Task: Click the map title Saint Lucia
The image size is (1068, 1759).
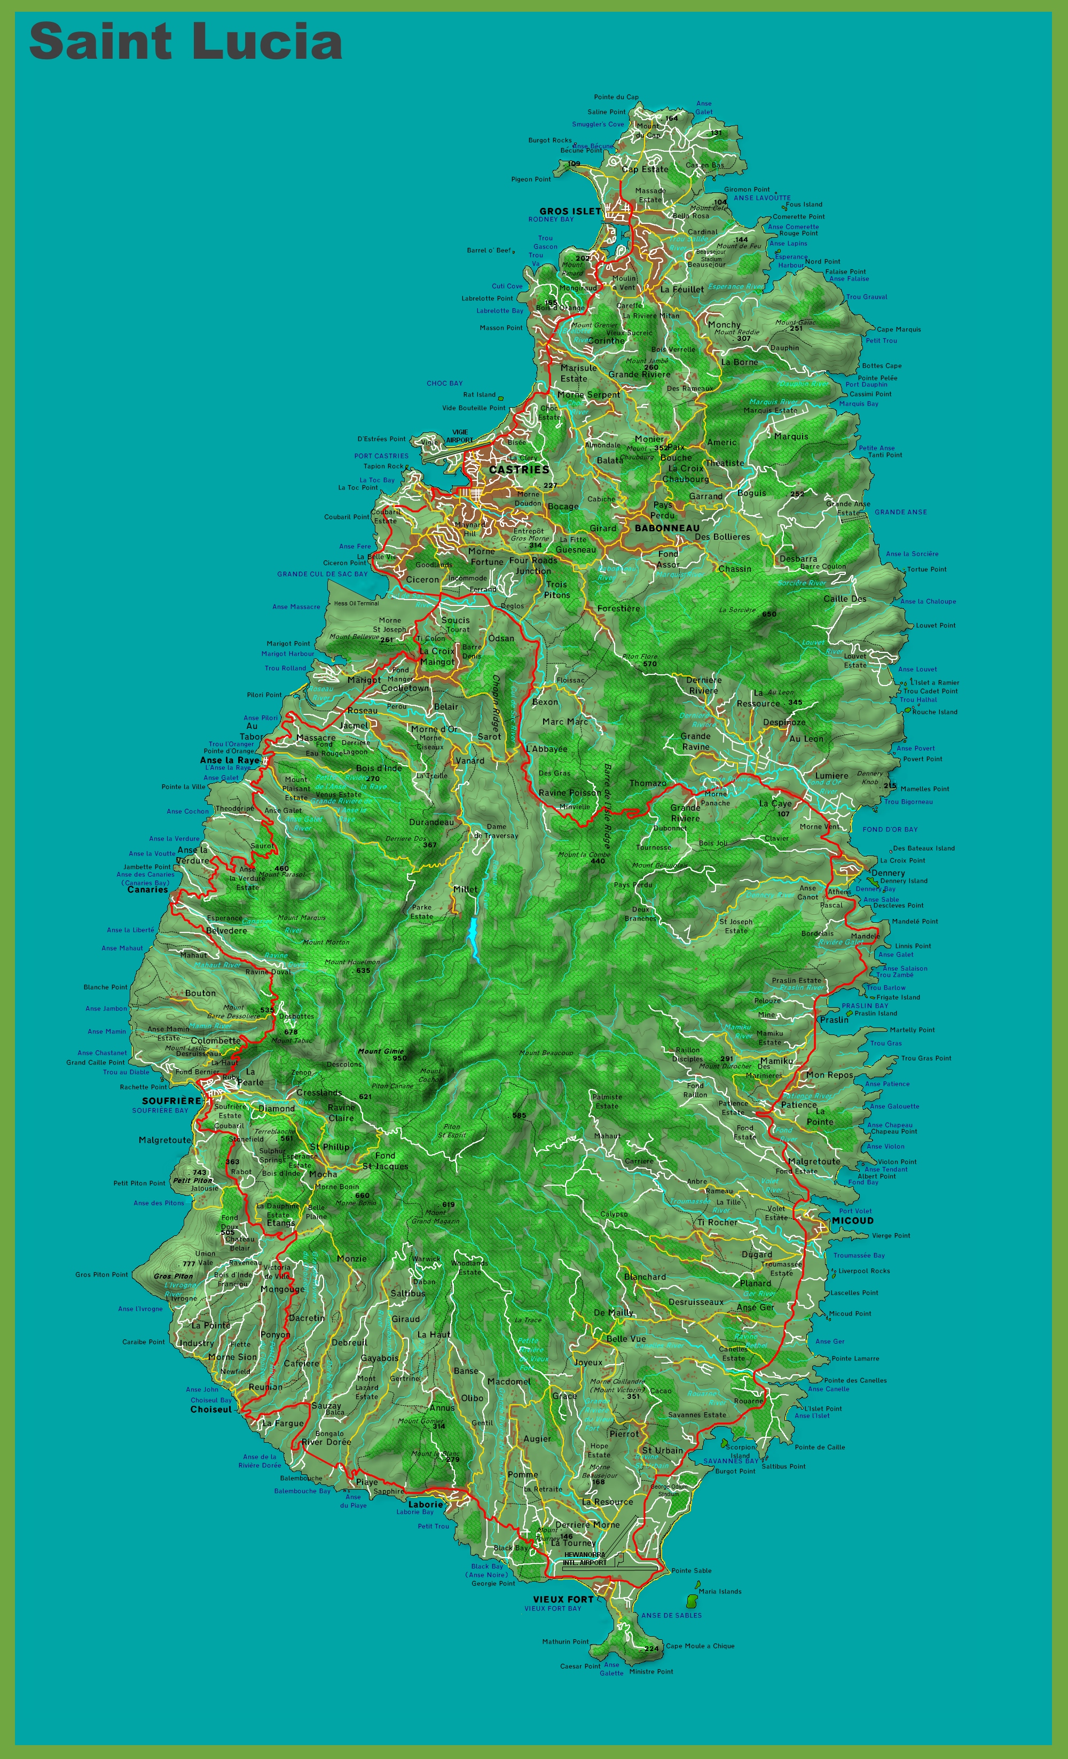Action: tap(185, 41)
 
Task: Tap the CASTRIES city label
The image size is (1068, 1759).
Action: tap(519, 470)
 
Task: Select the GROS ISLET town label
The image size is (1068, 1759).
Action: tap(570, 211)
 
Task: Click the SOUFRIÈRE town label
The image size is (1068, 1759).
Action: tap(171, 1101)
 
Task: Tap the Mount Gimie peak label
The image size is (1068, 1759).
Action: tap(381, 1051)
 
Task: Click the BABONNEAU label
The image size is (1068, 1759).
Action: tap(667, 528)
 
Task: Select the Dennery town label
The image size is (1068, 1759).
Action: tap(888, 873)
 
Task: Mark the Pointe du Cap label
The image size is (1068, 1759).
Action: tap(616, 97)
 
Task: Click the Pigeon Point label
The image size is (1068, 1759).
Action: tap(531, 179)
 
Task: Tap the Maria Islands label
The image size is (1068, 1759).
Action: tap(720, 1591)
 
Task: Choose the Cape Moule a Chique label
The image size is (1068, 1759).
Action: tap(700, 1646)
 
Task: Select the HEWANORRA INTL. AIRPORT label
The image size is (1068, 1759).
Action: tap(584, 1559)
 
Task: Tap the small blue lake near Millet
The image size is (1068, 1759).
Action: tap(472, 935)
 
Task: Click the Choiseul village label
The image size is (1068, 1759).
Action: tap(210, 1409)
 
